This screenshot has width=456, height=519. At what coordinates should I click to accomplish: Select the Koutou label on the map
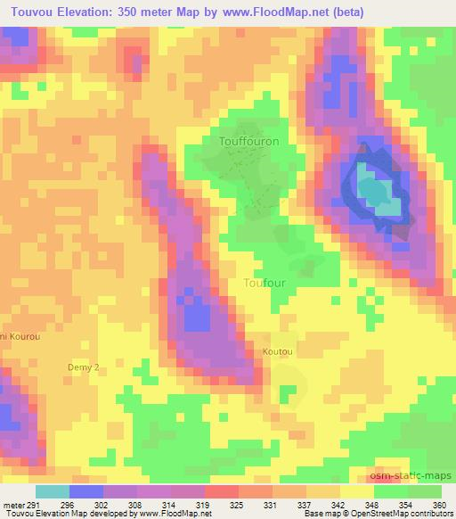(277, 352)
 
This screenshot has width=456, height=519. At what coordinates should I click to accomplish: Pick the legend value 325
(236, 504)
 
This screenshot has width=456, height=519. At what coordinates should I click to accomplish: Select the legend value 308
(137, 504)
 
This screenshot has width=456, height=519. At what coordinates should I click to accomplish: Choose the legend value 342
(336, 504)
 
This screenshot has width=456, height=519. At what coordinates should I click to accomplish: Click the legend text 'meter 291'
(18, 504)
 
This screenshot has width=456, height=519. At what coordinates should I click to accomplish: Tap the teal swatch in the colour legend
(52, 491)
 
